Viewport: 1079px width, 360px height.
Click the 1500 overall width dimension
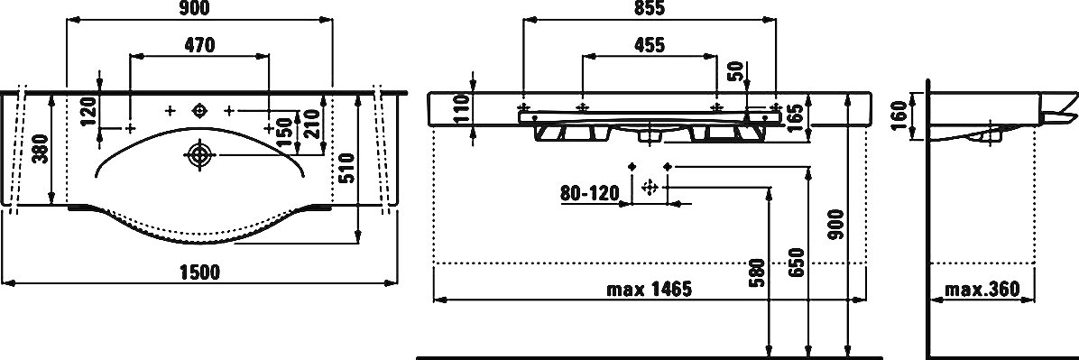tap(199, 272)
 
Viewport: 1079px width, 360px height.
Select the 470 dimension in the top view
tap(199, 45)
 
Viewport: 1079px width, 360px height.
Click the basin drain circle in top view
tap(199, 155)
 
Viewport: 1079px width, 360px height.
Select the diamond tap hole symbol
tap(199, 110)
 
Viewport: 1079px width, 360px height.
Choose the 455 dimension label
tap(649, 45)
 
